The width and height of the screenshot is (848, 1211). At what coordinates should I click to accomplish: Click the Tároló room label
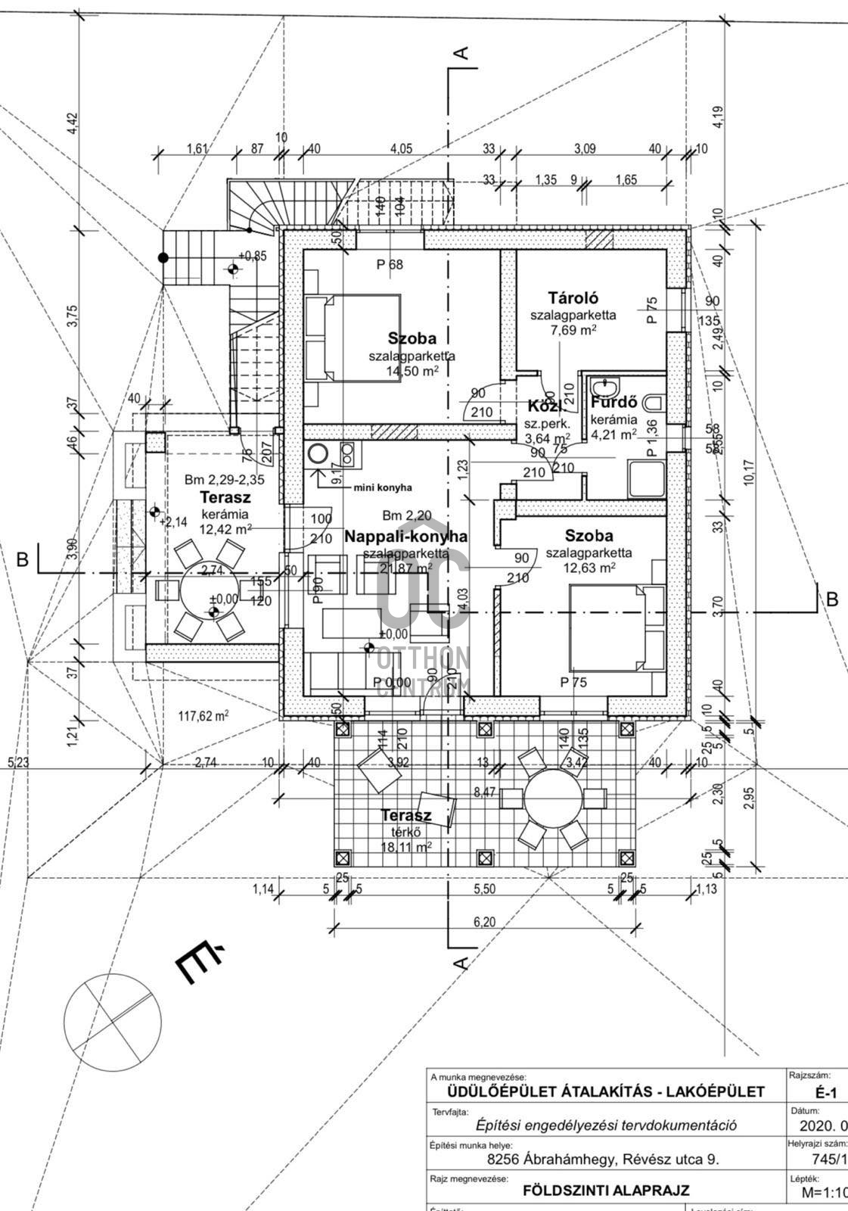coord(573,298)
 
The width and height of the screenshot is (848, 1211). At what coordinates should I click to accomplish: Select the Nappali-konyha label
coord(405,537)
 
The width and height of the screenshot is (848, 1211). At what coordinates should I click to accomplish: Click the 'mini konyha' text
coord(383,488)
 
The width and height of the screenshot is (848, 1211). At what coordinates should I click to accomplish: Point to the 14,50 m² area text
coord(413,371)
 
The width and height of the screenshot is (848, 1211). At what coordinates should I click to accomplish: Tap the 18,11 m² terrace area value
coord(406,847)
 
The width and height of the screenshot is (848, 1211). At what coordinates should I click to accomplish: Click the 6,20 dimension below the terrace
coord(484,922)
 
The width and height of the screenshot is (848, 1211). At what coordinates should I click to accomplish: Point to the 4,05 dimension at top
coord(401,149)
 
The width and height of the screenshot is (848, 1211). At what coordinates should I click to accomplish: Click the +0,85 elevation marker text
coord(253,257)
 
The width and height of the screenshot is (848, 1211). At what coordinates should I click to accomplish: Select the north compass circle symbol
coord(113,1022)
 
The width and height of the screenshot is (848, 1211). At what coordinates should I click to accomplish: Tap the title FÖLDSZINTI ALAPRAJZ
coord(606,1191)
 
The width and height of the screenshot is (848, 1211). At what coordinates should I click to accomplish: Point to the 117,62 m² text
coord(203,715)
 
